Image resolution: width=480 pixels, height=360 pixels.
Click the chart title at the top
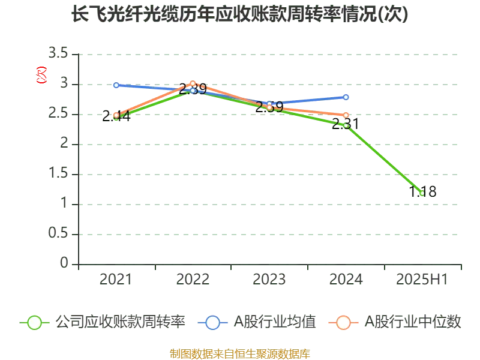[x=239, y=14]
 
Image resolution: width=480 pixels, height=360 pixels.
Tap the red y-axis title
[x=41, y=75]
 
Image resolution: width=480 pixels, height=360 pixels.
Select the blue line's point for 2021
[x=116, y=85]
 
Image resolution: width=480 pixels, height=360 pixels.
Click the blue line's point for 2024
[x=346, y=97]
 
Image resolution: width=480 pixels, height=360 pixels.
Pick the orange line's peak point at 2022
[x=193, y=84]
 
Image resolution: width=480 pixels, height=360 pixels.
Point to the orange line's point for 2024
[x=346, y=115]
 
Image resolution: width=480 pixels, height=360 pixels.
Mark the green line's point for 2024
[x=346, y=125]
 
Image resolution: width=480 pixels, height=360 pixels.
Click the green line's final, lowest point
[x=422, y=193]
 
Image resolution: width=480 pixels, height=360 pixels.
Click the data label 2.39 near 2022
[x=193, y=90]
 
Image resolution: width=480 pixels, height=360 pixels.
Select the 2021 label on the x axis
[x=115, y=280]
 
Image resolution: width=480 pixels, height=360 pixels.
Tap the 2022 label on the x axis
[x=192, y=280]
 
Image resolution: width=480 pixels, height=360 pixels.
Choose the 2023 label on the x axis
[x=269, y=280]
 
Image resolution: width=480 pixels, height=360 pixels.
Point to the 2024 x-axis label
[x=346, y=280]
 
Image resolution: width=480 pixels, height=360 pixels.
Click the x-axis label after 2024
[x=420, y=280]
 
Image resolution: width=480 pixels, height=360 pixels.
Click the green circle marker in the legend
[x=35, y=323]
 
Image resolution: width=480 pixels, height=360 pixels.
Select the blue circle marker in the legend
[x=212, y=323]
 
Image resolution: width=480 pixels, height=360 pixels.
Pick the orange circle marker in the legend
[x=343, y=323]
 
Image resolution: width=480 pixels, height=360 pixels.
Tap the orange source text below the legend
[x=239, y=353]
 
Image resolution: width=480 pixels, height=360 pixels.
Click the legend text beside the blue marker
[x=274, y=322]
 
